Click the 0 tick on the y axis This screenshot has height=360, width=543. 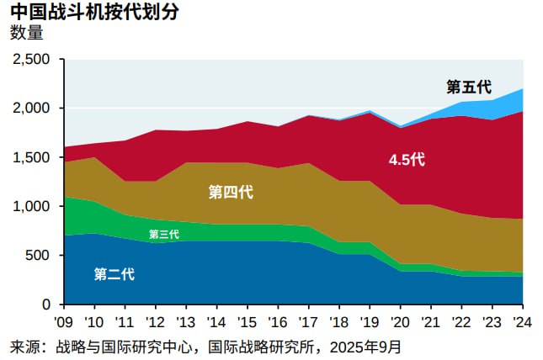[x=47, y=304]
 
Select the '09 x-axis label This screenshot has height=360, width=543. [x=64, y=321]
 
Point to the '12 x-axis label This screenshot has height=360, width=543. [x=156, y=321]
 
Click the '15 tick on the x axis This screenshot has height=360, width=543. [x=247, y=321]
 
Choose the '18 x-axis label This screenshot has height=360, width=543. [x=338, y=321]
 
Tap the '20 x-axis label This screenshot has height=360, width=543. [x=400, y=321]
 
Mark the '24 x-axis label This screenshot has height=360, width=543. [x=521, y=321]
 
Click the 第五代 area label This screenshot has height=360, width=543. [x=468, y=87]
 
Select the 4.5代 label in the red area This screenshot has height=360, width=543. [x=407, y=159]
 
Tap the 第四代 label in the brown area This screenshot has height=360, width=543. [x=231, y=193]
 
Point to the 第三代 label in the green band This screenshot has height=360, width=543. [x=163, y=235]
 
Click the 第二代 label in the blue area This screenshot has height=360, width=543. [x=114, y=274]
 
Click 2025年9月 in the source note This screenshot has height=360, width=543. [x=365, y=346]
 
